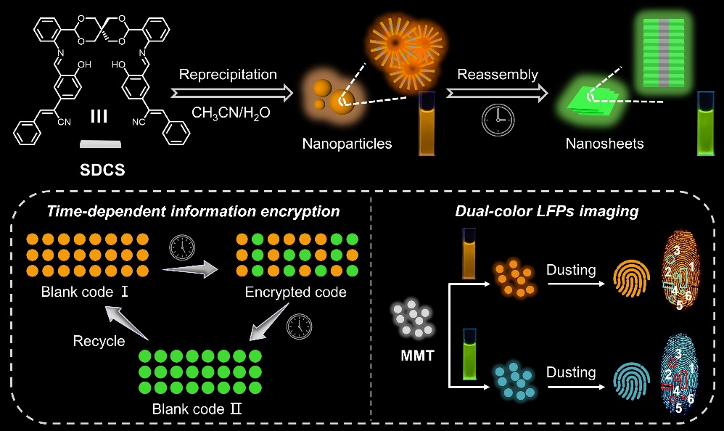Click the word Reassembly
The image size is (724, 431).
(497, 75)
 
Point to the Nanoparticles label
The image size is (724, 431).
(347, 144)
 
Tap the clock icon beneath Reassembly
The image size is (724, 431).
(493, 119)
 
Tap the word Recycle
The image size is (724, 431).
(99, 340)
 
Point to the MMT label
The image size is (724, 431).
(407, 358)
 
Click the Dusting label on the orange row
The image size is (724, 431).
(571, 270)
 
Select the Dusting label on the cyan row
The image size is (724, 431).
(571, 373)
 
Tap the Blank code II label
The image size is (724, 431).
(197, 408)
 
